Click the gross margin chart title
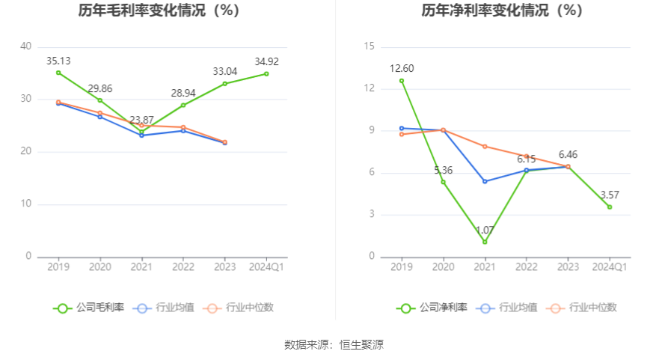click(159, 10)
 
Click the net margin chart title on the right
click(502, 10)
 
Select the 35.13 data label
click(58, 61)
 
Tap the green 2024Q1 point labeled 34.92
click(266, 73)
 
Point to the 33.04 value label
click(225, 71)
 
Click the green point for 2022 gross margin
click(183, 105)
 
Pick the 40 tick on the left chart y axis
click(25, 46)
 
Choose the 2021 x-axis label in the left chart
click(141, 266)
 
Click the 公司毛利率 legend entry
click(88, 308)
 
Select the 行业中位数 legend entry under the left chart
click(238, 308)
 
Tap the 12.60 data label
click(402, 68)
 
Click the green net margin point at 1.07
click(485, 242)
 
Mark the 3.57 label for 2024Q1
click(610, 195)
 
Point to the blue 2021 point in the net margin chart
click(485, 181)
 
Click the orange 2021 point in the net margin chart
click(485, 147)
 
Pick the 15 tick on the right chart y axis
click(369, 46)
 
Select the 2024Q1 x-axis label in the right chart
click(610, 266)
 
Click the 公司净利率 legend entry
click(432, 308)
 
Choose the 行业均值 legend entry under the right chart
click(507, 308)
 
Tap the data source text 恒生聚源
click(362, 344)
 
